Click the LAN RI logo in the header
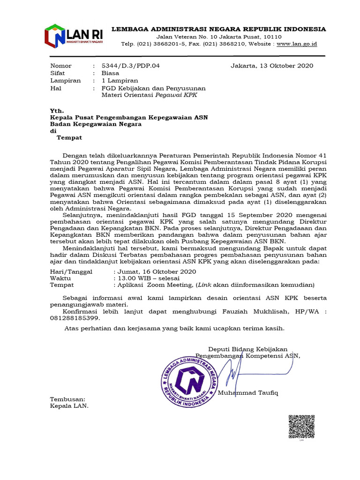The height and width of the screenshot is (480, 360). click(74, 36)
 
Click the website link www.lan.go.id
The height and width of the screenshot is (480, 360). click(297, 44)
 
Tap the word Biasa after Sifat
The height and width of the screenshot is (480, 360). click(111, 74)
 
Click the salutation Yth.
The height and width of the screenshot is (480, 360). click(56, 110)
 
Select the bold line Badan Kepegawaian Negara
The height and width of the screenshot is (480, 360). click(96, 124)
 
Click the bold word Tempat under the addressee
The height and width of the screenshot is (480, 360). click(69, 137)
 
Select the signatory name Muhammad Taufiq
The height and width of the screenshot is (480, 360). click(248, 392)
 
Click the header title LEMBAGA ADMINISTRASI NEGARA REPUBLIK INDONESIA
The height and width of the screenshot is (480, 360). click(218, 29)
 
